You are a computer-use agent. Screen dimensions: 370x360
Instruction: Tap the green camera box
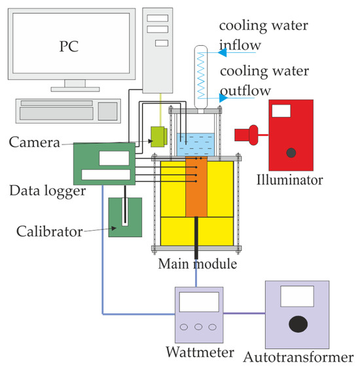(x=158, y=136)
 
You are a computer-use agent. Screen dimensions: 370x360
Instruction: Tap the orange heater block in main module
(x=196, y=186)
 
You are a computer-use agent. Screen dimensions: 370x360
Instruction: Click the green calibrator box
(x=123, y=217)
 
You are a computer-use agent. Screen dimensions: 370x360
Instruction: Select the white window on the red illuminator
(x=281, y=110)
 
